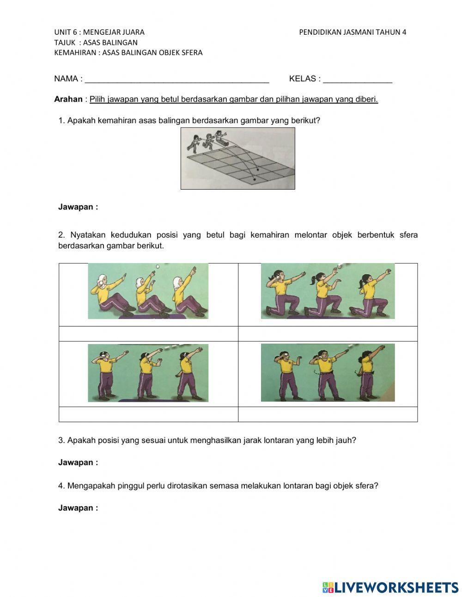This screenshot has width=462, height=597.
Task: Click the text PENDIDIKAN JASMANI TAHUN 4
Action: (353, 32)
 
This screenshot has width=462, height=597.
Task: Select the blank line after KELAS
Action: (358, 80)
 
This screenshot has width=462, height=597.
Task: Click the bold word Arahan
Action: (68, 99)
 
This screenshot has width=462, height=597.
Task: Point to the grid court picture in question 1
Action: (237, 158)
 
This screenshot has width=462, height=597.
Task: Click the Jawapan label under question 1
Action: (78, 207)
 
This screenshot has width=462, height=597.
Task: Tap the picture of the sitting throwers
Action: (148, 291)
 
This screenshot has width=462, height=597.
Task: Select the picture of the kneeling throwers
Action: (328, 291)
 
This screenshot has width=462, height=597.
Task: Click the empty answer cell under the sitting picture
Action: (148, 333)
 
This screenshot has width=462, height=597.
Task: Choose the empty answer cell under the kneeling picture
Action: (328, 333)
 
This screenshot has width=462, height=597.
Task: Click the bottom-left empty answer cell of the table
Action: (148, 414)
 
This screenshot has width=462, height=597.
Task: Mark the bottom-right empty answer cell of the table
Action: (328, 414)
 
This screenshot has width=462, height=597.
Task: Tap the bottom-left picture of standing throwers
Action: (148, 373)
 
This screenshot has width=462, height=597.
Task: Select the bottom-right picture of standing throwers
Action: (328, 373)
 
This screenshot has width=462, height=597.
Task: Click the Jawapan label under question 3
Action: (78, 462)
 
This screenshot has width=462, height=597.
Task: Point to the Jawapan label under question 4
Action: (78, 508)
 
